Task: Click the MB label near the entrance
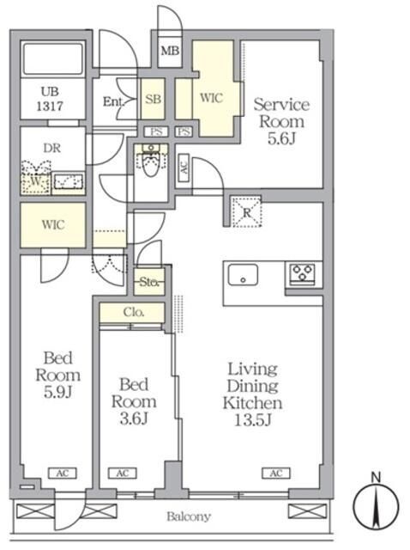click(x=170, y=52)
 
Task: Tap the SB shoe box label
click(x=154, y=100)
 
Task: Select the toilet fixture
click(x=151, y=160)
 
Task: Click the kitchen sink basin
click(x=243, y=275)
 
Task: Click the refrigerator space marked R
click(x=247, y=211)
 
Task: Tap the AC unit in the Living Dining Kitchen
click(x=276, y=474)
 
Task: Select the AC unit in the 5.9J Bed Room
click(x=63, y=474)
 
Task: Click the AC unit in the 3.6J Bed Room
click(x=122, y=474)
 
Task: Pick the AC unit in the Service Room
click(x=184, y=168)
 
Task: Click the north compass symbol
click(x=376, y=502)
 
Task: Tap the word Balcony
click(x=189, y=516)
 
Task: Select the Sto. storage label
click(x=150, y=282)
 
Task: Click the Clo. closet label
click(x=134, y=312)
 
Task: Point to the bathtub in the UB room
click(x=53, y=58)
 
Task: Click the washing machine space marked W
click(x=36, y=181)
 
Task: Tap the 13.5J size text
click(x=253, y=419)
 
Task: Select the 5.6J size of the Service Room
click(x=282, y=138)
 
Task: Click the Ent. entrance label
click(x=113, y=101)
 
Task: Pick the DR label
click(x=51, y=148)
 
